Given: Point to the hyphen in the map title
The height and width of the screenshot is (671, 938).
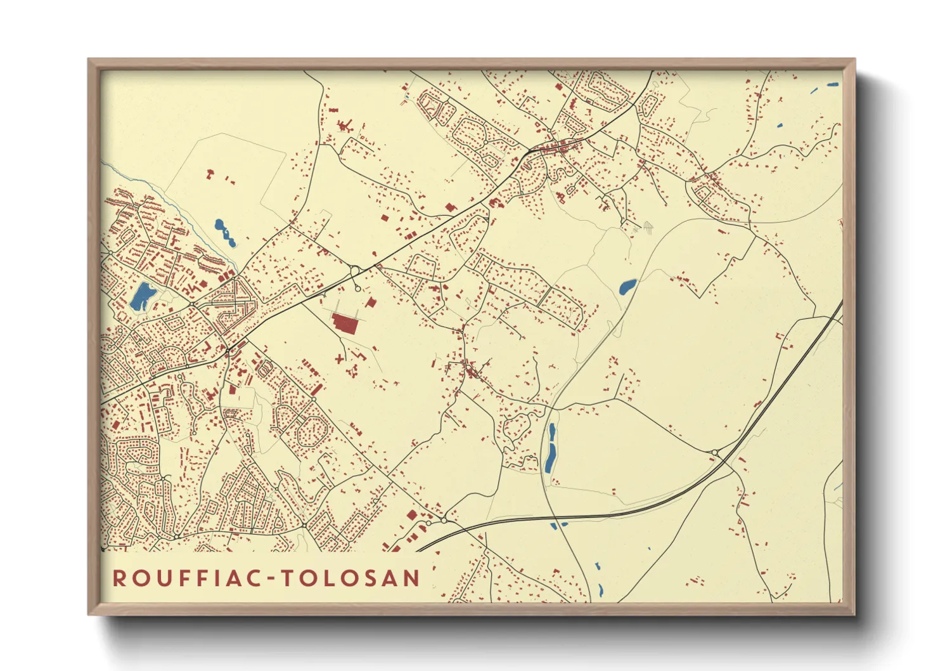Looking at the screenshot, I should point(271,578).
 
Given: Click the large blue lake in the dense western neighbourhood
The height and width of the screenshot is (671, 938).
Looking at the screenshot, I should point(143,296).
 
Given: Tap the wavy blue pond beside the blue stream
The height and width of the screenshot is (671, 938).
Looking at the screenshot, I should point(224,233).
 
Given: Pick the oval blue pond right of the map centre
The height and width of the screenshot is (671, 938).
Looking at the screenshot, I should point(627,287).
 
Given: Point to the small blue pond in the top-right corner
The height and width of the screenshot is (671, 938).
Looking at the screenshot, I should point(832,84).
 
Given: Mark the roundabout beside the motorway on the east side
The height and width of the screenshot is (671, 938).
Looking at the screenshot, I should point(715,452).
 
